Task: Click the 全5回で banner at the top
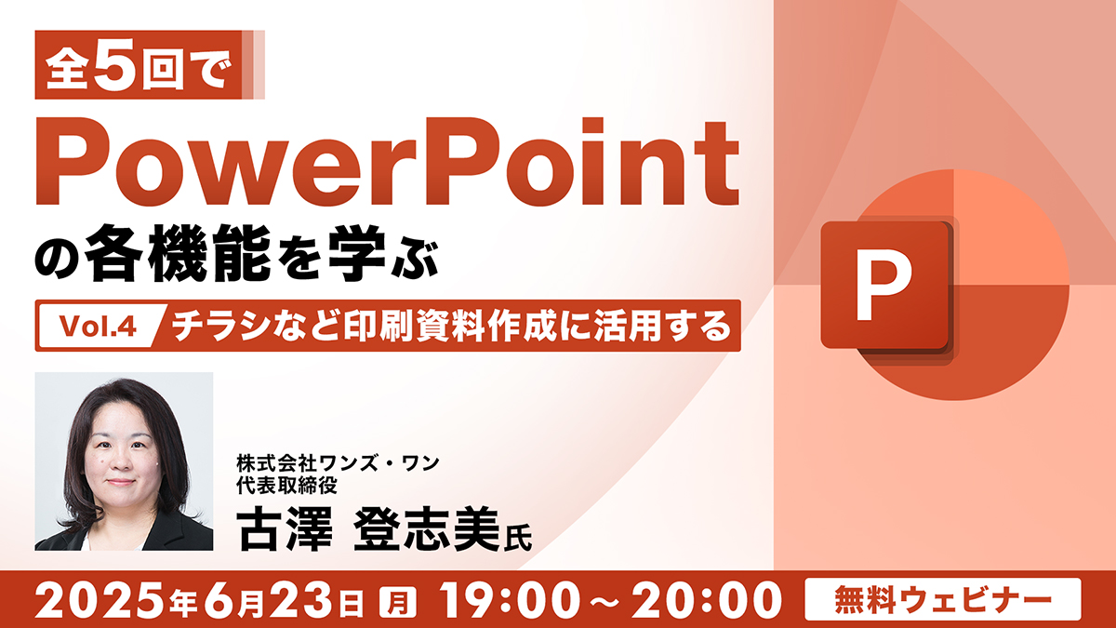click(x=150, y=65)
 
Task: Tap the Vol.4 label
click(x=98, y=327)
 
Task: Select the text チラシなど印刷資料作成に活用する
click(x=452, y=326)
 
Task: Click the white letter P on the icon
click(x=883, y=284)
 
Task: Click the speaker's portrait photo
click(x=124, y=461)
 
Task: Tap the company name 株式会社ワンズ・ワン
click(x=338, y=463)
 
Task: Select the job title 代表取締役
click(x=287, y=486)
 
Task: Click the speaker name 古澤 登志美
click(x=368, y=528)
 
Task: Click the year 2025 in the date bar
click(x=100, y=600)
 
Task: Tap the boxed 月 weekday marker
click(x=398, y=602)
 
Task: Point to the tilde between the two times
click(x=609, y=601)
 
